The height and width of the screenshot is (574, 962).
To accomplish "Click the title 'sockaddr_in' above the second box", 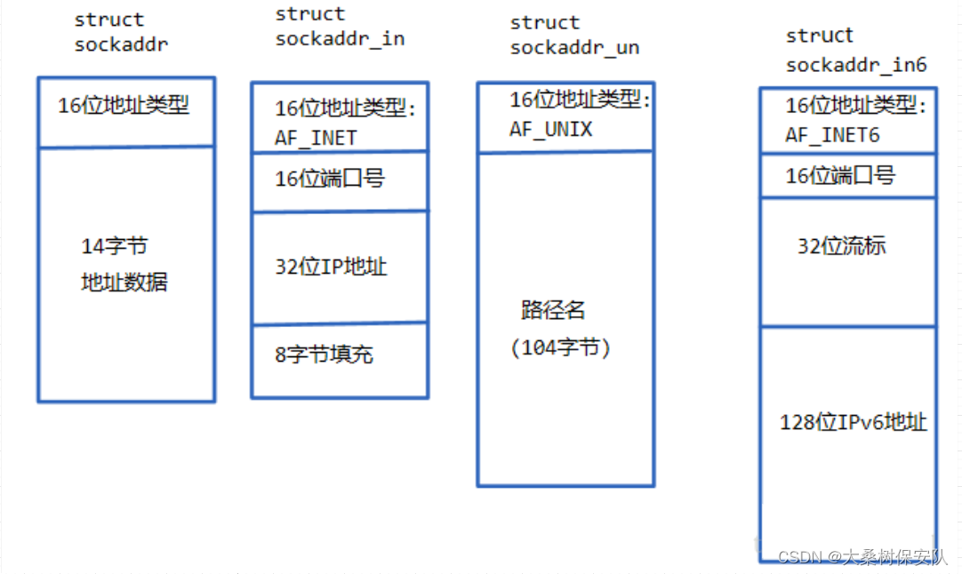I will tap(340, 39).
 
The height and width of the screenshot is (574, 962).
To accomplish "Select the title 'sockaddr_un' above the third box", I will tap(574, 48).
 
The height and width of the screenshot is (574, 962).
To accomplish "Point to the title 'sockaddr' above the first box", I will tap(121, 44).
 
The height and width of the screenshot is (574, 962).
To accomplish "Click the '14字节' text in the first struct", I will tap(115, 246).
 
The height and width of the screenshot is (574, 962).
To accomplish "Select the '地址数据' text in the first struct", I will tap(124, 283).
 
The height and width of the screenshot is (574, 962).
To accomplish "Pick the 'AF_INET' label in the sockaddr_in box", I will tap(316, 139).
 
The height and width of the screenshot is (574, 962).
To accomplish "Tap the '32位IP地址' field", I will tap(331, 267).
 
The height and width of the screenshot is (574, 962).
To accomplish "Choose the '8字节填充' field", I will tap(324, 355).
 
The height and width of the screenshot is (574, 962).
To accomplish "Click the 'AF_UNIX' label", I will tap(551, 130).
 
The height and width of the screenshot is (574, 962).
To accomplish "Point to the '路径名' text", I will tap(554, 310).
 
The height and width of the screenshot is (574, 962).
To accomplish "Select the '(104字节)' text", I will tap(561, 348).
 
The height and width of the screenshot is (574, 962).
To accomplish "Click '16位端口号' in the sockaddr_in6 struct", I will tap(840, 176).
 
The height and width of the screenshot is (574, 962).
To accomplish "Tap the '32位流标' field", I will tap(841, 246).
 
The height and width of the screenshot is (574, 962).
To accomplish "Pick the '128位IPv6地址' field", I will tap(854, 422).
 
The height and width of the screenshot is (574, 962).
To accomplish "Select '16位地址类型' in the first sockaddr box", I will tap(124, 106).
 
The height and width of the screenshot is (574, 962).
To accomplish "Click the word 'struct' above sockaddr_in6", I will tap(820, 36).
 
